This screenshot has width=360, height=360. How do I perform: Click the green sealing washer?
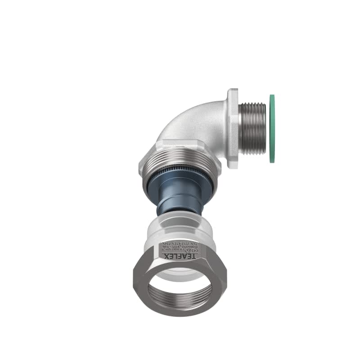coord(272,129)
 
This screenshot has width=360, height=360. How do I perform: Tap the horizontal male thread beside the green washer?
coord(253,129)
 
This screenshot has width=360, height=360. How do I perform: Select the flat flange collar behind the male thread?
coord(233,129)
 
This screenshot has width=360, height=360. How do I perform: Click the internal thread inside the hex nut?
coord(180,299)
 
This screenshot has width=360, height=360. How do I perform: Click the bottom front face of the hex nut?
coord(180,311)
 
